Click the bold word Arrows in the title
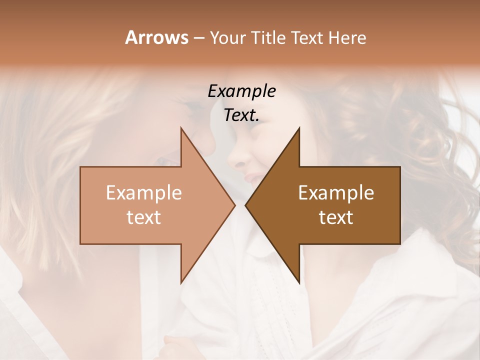156,37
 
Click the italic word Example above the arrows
241,91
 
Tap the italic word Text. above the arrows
241,115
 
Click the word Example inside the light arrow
144,193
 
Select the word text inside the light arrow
144,217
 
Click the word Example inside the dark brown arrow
336,193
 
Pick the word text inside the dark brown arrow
336,217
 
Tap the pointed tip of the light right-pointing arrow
234,205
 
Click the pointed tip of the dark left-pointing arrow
245,205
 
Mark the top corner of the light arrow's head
181,128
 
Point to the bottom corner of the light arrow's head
181,283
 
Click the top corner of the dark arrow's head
299,128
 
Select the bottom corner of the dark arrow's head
299,283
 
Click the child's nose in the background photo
236,160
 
